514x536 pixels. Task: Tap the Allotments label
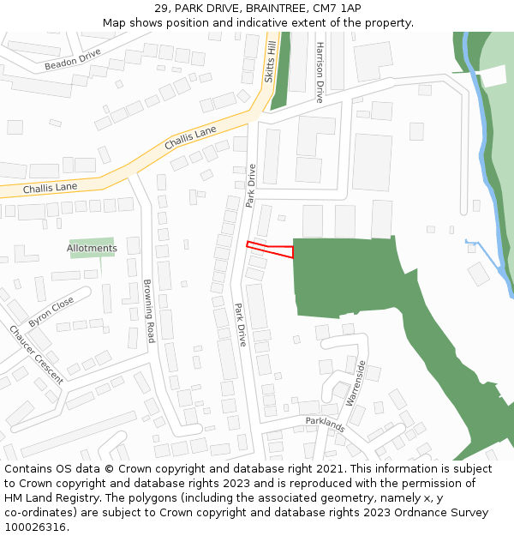pyautogui.click(x=92, y=249)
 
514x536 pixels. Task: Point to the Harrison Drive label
pyautogui.click(x=320, y=72)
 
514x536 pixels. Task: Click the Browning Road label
pyautogui.click(x=148, y=310)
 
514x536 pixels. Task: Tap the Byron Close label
pyautogui.click(x=51, y=312)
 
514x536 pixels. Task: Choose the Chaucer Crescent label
pyautogui.click(x=36, y=354)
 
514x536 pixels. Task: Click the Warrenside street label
pyautogui.click(x=356, y=382)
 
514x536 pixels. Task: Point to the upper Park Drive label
pyautogui.click(x=251, y=185)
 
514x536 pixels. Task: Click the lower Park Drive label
pyautogui.click(x=241, y=324)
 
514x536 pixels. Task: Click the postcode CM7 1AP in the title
pyautogui.click(x=338, y=9)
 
